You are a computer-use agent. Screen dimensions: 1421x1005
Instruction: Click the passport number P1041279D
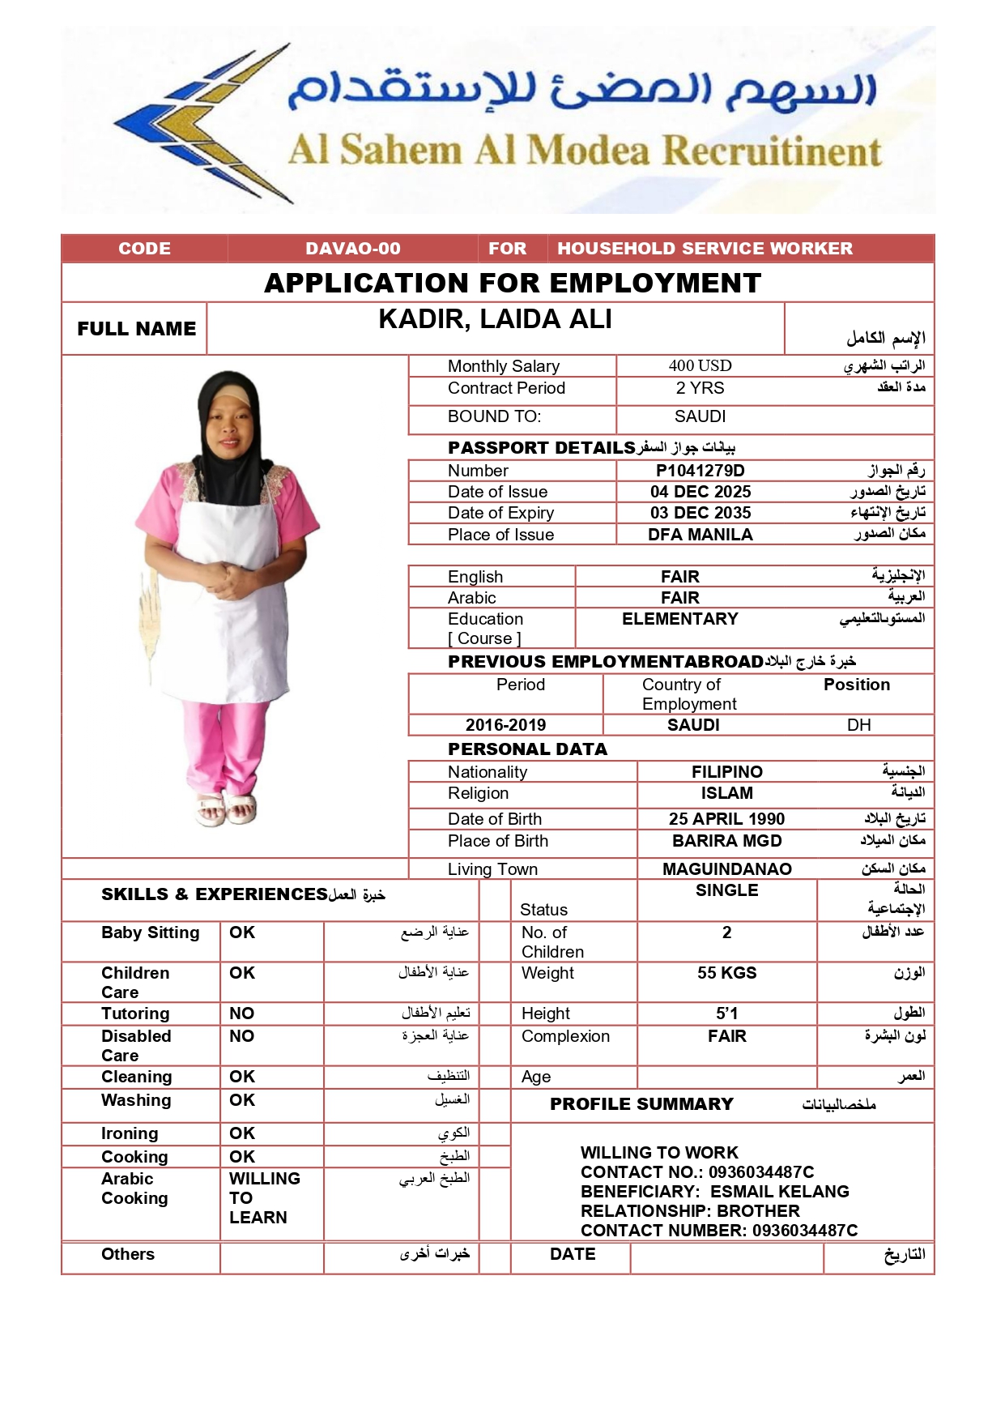[x=700, y=471]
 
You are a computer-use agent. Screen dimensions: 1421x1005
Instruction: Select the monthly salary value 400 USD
[x=700, y=366]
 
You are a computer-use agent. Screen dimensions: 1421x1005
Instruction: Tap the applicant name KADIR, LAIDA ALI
[x=495, y=320]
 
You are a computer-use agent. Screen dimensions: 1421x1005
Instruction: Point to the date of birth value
[x=726, y=819]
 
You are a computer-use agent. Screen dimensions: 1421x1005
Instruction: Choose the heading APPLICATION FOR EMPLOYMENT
[x=513, y=284]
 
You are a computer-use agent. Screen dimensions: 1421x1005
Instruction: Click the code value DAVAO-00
[x=352, y=249]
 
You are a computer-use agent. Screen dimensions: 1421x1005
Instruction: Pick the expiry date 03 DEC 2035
[x=700, y=513]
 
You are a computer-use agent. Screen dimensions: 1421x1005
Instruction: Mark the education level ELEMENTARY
[x=679, y=619]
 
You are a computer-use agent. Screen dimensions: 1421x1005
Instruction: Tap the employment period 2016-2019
[x=505, y=725]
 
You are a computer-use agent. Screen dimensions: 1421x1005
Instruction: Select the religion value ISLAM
[x=726, y=793]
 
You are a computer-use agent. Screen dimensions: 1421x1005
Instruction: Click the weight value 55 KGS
[x=726, y=973]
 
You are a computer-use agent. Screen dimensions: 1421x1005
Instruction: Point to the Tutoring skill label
[x=135, y=1013]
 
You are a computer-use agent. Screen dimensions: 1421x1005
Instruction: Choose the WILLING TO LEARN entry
[x=264, y=1198]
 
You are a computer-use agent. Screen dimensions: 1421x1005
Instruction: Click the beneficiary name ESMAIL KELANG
[x=779, y=1192]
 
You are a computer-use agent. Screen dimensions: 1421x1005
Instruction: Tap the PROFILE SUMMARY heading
[x=641, y=1104]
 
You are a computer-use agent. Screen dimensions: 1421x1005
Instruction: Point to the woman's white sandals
[x=228, y=808]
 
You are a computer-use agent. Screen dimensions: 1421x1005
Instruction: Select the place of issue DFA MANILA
[x=700, y=535]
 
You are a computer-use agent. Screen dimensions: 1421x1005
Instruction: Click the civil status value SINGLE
[x=726, y=890]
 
